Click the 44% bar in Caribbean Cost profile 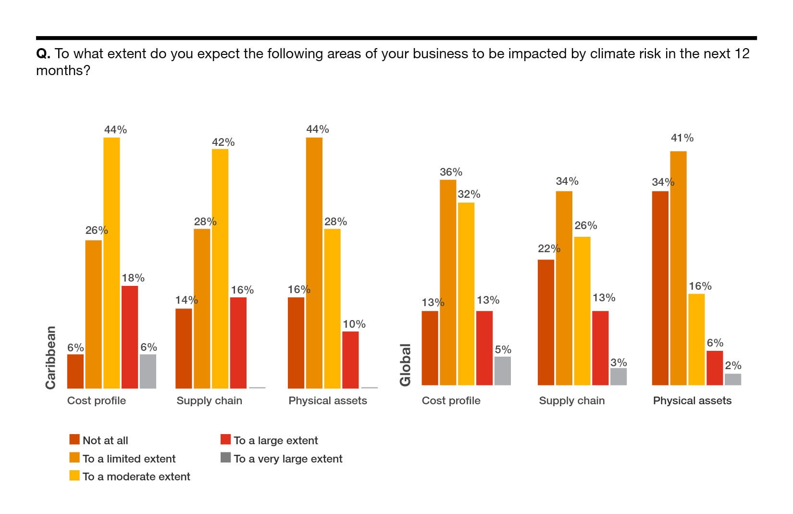112,263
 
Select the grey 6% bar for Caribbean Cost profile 148,371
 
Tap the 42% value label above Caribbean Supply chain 223,142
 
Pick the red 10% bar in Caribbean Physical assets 350,360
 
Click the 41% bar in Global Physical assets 678,268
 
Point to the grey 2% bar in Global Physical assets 733,379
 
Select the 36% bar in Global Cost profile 448,282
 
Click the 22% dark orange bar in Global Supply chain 546,322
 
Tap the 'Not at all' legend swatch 74,440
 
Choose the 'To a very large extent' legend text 288,459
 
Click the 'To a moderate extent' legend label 136,476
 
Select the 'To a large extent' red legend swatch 225,439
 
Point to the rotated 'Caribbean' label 50,358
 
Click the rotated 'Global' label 405,365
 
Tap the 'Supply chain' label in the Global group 571,400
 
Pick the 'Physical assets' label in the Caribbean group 327,400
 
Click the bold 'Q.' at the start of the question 43,53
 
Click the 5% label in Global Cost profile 503,350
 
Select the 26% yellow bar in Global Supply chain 582,311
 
